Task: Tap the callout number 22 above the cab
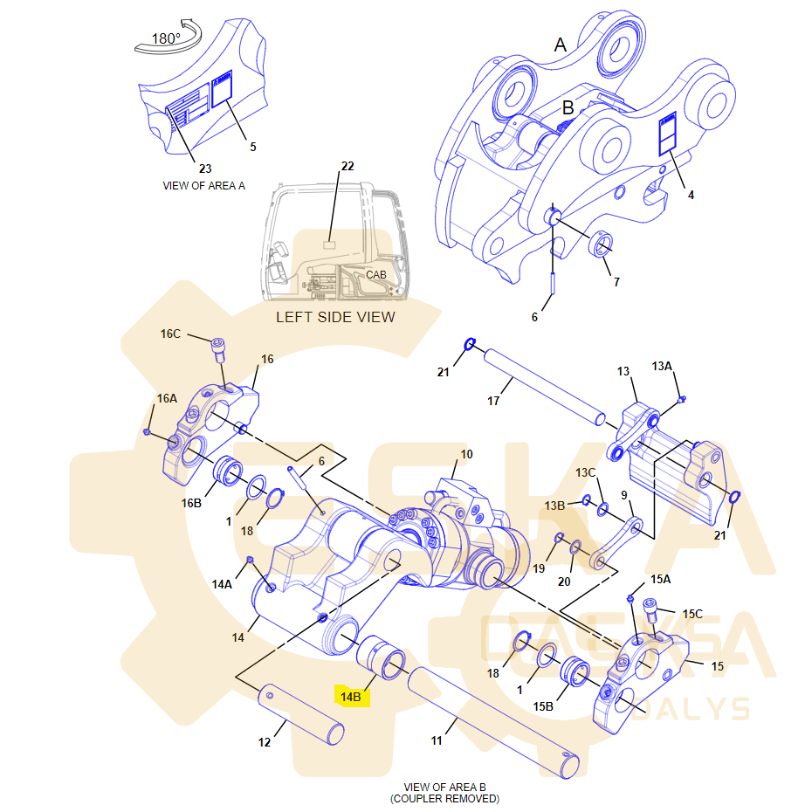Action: tap(348, 166)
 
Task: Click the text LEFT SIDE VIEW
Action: tap(335, 317)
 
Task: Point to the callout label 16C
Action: tap(170, 334)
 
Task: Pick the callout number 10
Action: tap(466, 454)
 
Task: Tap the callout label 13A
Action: tap(661, 366)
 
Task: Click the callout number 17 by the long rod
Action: tap(493, 401)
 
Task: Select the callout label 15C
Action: tap(692, 614)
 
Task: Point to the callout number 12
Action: tap(265, 742)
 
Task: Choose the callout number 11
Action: tap(437, 740)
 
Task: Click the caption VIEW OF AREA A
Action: tap(204, 185)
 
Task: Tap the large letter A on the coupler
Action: tap(561, 44)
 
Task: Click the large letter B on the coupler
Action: tap(568, 108)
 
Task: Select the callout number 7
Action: tap(616, 282)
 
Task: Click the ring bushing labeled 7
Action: tap(601, 245)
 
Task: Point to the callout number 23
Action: tap(205, 168)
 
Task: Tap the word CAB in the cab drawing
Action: tap(376, 274)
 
